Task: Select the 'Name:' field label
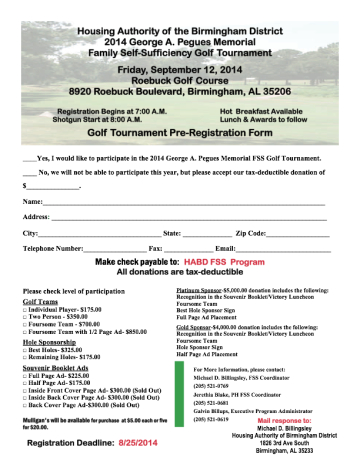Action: pyautogui.click(x=32, y=202)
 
